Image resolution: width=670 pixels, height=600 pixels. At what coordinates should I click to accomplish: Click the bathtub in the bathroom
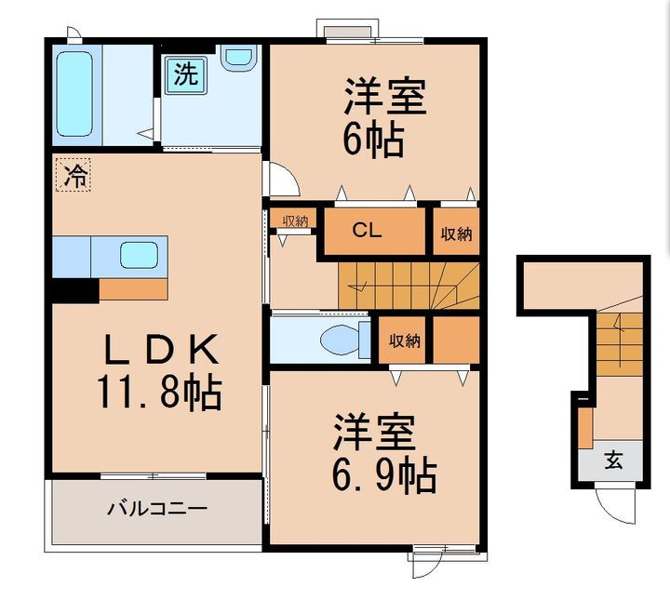(x=74, y=95)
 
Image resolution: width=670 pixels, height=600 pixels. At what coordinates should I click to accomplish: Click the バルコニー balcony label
(x=156, y=509)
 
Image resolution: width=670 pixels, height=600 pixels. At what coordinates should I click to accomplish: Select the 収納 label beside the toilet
(x=404, y=341)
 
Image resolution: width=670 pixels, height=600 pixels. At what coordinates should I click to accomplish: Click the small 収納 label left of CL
(x=295, y=221)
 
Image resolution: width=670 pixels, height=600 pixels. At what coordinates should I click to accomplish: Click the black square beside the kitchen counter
(x=74, y=289)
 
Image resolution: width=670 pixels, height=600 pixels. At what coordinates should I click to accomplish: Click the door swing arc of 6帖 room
(x=282, y=179)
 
